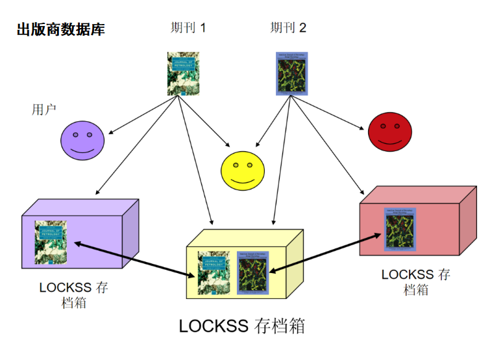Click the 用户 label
click(x=44, y=109)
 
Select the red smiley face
click(x=389, y=132)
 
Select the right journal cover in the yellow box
click(x=252, y=271)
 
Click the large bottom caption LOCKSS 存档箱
click(x=241, y=326)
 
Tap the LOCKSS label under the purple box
click(x=73, y=295)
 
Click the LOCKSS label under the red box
click(x=415, y=282)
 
